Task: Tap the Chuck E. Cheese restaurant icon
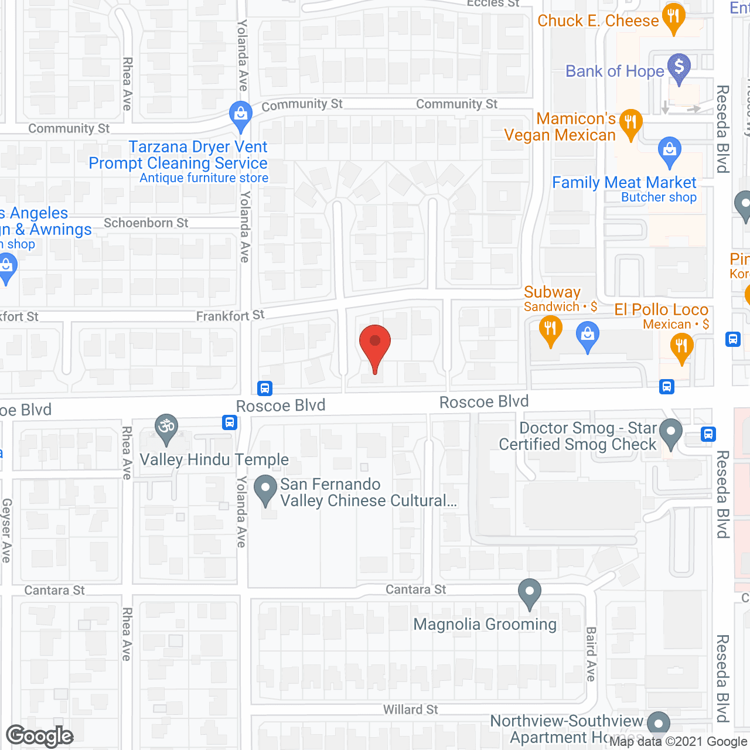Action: (x=673, y=17)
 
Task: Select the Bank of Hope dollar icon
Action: (x=679, y=67)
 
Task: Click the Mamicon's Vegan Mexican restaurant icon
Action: (x=630, y=122)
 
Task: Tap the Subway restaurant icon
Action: (x=550, y=330)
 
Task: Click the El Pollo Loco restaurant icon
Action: (x=681, y=346)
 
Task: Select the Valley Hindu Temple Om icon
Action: (x=166, y=427)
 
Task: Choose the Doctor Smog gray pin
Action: (x=670, y=432)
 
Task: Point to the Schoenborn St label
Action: (x=146, y=223)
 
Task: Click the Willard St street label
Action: (x=410, y=710)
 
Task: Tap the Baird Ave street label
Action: (x=591, y=654)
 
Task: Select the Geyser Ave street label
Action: (x=6, y=530)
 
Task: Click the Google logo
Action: (x=40, y=736)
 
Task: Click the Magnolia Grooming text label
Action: (x=485, y=625)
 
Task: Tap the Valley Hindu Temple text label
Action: (x=214, y=459)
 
